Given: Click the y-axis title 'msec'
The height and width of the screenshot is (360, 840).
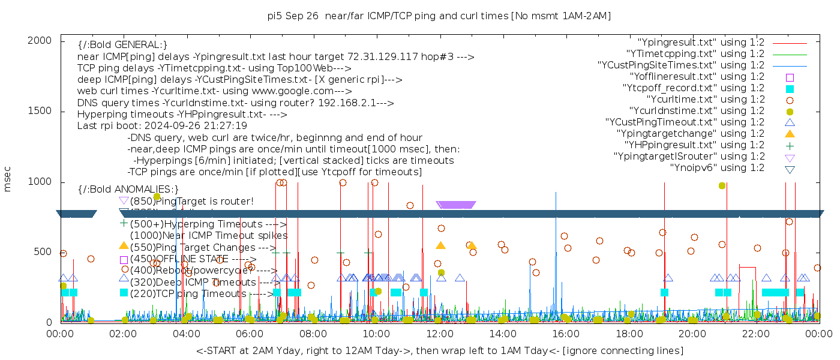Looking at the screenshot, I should pos(8,180).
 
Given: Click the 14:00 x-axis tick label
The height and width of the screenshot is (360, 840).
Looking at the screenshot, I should pos(502,334).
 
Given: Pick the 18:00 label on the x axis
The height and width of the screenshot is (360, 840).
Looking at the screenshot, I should pos(628,334).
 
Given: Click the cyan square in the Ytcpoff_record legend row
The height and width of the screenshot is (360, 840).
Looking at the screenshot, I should pos(790,89).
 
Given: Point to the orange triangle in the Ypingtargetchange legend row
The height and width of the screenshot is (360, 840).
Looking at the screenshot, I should pos(790,134).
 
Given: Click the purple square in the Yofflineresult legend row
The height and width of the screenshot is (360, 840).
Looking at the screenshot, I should pos(790,77).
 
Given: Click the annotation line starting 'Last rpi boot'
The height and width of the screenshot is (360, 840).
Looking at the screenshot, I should pos(162,126).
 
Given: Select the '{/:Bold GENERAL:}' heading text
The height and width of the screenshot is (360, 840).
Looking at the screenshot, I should pos(122,45).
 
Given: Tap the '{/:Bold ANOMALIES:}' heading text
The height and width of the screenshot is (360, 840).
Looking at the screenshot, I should pos(128,189).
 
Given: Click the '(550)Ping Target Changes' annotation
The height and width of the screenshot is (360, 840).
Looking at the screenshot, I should pos(202,247).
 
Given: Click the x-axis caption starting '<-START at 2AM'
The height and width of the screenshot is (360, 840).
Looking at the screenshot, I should pos(439,350).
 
